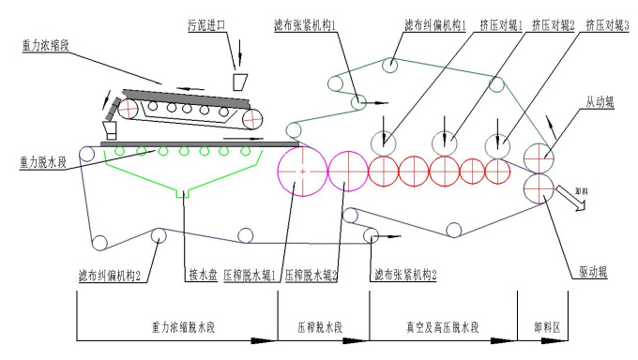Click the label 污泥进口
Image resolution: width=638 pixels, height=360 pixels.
[x=206, y=25]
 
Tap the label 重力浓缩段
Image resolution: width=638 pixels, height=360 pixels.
[x=45, y=45]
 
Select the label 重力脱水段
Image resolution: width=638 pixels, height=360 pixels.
[x=43, y=162]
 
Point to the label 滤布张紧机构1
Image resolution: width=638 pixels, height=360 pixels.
[x=305, y=25]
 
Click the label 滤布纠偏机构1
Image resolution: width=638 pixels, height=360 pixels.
[x=435, y=25]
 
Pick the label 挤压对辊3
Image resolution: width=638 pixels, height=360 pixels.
[x=607, y=25]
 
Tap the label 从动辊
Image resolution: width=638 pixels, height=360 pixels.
[x=600, y=101]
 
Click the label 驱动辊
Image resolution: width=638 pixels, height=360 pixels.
[x=593, y=272]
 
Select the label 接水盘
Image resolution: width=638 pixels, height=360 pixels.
[x=203, y=275]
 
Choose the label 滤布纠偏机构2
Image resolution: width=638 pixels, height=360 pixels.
[x=110, y=276]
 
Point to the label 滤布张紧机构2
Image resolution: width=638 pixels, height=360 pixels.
[x=405, y=275]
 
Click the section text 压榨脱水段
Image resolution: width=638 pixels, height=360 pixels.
[x=320, y=327]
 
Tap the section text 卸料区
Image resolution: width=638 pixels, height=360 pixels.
[x=548, y=327]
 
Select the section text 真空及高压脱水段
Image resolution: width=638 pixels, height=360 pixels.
[x=443, y=327]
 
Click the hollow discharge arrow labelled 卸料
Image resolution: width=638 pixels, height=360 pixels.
[x=570, y=198]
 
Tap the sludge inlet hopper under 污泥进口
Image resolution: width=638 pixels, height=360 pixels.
[x=240, y=82]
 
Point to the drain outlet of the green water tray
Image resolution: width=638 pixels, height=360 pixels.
[x=183, y=194]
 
